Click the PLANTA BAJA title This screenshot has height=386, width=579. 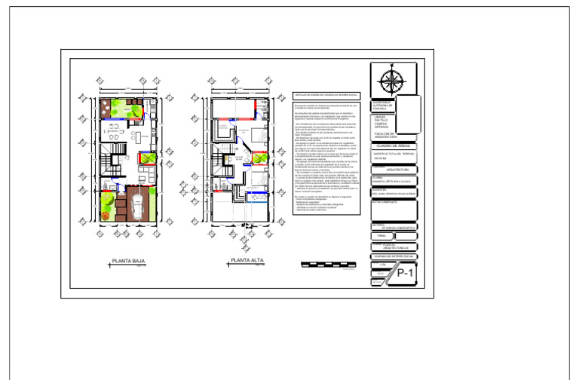[127, 262]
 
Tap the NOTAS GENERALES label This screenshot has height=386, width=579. [384, 202]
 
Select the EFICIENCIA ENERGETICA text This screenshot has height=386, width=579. [400, 226]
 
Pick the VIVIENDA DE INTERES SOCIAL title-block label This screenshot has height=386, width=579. [395, 256]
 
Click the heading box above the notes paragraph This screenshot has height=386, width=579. [326, 95]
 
